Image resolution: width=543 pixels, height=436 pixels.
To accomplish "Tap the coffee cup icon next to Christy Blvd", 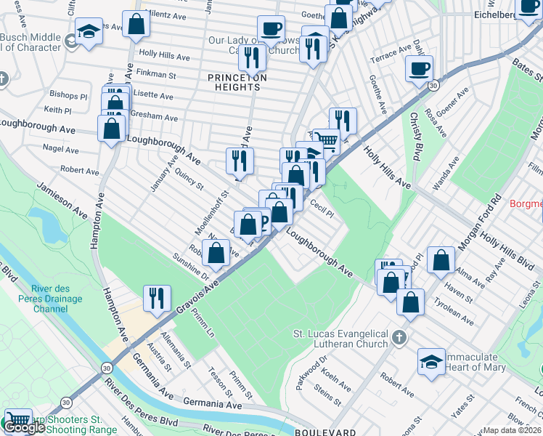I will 420,69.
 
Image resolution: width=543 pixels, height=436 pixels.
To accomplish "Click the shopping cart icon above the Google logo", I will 18,420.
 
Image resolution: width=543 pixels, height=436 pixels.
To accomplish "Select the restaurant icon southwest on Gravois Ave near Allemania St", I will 156,296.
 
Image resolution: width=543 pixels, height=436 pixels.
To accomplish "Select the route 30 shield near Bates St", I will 433,86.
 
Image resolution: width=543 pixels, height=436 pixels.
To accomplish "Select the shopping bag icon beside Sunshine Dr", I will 216,254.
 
